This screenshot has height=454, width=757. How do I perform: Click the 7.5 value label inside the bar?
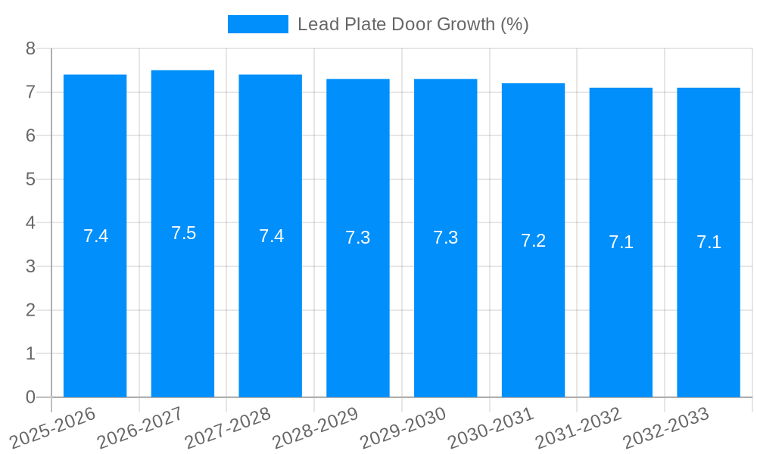[x=183, y=233]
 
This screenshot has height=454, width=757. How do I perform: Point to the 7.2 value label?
[x=533, y=241]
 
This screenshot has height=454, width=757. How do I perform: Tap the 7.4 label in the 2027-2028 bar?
[x=271, y=236]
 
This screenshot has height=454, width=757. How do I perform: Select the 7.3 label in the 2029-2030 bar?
[x=445, y=238]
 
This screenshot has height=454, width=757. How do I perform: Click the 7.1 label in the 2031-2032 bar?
[x=621, y=243]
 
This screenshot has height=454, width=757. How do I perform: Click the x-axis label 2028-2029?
[x=315, y=428]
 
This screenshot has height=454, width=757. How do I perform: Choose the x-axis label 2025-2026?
[x=52, y=428]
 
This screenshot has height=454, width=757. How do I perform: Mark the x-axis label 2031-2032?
[x=578, y=428]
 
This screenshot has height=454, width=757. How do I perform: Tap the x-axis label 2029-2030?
[x=403, y=428]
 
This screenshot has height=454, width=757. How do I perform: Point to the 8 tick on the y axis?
[x=30, y=48]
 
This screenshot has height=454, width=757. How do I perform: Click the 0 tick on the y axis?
[x=30, y=397]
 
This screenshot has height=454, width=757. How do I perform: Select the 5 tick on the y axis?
[x=30, y=179]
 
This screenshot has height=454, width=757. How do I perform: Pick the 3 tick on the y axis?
[x=30, y=266]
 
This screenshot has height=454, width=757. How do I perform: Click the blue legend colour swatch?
[x=257, y=24]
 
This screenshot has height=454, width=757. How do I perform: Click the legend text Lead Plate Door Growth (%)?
[x=413, y=24]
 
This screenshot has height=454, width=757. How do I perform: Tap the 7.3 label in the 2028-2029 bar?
[x=357, y=238]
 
